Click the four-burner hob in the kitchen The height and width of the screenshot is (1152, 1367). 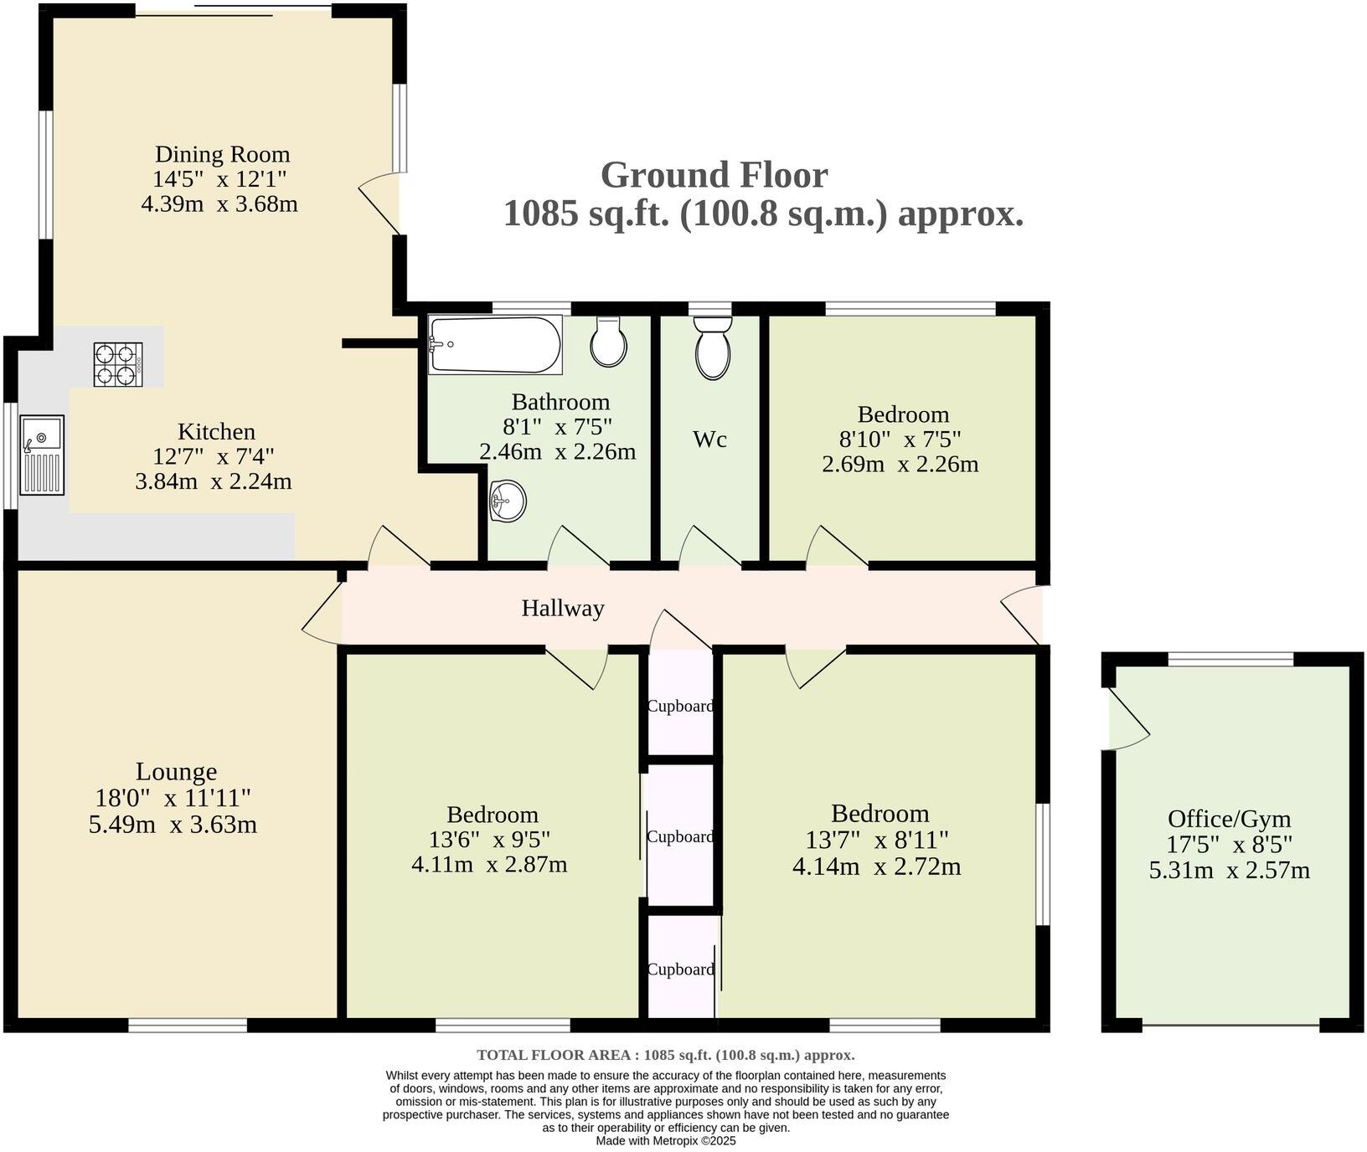coord(118,365)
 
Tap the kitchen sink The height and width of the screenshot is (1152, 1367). coord(42,455)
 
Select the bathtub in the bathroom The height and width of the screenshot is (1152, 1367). coord(495,344)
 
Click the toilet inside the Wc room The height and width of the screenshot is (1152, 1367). coord(712,347)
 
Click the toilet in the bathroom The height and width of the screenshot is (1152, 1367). coord(608,342)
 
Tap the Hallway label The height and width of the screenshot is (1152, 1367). coord(563,608)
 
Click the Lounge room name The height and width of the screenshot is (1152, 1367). coord(177,772)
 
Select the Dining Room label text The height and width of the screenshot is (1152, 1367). coord(223,154)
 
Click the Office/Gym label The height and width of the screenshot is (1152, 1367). coord(1230,819)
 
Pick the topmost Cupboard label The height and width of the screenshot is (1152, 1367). coord(680,706)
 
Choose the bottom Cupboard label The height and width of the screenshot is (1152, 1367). coord(681,969)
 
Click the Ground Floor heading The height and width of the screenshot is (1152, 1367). coord(714,175)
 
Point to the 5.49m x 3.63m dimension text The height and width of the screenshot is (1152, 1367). coord(173,825)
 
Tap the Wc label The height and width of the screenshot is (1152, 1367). coord(709,440)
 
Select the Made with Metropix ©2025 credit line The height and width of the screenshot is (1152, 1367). coord(666,1140)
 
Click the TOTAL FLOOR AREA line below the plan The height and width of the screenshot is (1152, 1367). coord(666,1055)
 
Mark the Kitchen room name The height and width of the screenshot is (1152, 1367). coord(216,432)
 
